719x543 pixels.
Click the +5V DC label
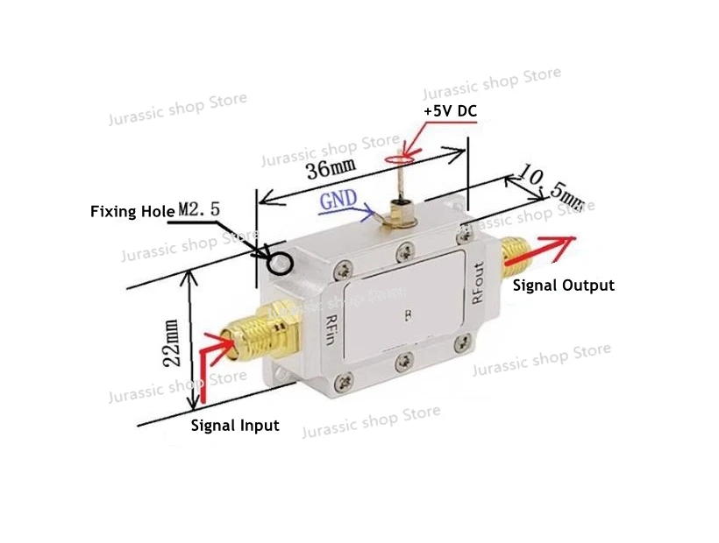pyautogui.click(x=451, y=112)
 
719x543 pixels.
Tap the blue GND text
pyautogui.click(x=338, y=199)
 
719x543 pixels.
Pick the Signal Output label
pyautogui.click(x=563, y=286)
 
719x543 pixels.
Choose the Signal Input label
pyautogui.click(x=235, y=426)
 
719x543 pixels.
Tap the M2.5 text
pyautogui.click(x=201, y=211)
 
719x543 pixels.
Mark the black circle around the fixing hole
pyautogui.click(x=281, y=261)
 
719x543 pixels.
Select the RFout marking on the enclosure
pyautogui.click(x=478, y=283)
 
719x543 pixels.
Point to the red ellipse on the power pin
pyautogui.click(x=401, y=159)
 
